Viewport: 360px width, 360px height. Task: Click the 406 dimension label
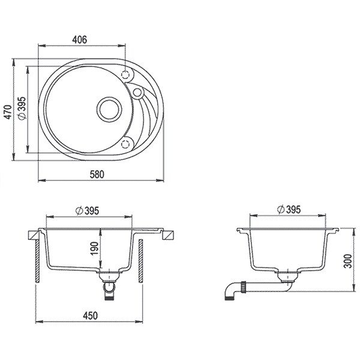point(80,40)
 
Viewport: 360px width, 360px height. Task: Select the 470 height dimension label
point(8,112)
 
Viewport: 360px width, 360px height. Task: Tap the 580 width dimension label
point(97,175)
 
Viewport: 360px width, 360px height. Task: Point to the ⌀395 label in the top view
point(22,109)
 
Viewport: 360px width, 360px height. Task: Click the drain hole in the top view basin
point(109,109)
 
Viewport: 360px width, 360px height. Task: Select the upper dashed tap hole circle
point(125,74)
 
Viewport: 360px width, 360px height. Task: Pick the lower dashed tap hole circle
point(125,144)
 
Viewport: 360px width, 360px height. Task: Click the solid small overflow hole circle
point(137,92)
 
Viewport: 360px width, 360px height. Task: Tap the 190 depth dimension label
point(94,248)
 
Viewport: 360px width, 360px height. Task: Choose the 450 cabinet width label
point(90,316)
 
